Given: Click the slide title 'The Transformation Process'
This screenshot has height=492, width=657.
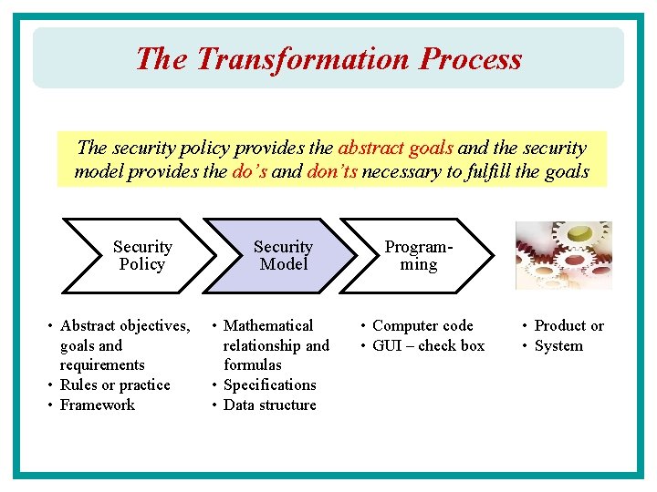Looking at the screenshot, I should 328,59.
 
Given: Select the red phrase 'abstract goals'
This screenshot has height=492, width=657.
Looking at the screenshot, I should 395,149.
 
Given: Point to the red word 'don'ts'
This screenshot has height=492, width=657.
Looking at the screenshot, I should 332,171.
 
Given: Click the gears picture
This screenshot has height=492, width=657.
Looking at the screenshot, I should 563,256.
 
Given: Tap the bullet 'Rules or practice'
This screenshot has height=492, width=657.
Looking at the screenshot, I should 115,384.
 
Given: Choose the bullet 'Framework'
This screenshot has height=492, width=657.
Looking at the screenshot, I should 97,405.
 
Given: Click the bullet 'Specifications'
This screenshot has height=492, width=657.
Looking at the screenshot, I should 269,384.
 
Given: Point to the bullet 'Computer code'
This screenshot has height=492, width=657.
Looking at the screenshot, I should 422,325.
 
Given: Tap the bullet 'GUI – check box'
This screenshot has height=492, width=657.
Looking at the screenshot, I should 428,345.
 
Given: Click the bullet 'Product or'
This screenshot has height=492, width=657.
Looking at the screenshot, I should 568,325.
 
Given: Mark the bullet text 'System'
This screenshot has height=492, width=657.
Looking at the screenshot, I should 558,345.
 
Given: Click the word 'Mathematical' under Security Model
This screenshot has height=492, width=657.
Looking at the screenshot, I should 267,325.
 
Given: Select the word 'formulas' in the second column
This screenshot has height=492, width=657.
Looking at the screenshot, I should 253,364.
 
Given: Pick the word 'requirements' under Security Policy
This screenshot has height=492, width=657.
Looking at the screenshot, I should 102,364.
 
